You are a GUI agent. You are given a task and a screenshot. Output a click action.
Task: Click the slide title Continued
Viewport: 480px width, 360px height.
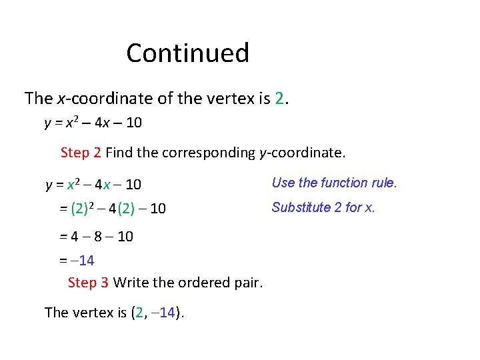coord(187,53)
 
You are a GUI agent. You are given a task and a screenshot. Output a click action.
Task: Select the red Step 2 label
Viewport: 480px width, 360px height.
coord(81,153)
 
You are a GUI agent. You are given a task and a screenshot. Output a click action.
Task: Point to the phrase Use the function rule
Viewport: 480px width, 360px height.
coord(334,183)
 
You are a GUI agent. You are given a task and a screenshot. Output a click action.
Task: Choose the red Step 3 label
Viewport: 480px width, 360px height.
coord(89,283)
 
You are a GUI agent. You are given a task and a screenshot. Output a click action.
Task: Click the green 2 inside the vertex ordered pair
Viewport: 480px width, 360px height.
coord(139,312)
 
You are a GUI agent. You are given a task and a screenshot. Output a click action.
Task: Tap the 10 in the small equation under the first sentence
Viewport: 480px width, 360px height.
coord(133,123)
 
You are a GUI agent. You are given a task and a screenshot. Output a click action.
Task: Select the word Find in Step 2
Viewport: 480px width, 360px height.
coord(119,153)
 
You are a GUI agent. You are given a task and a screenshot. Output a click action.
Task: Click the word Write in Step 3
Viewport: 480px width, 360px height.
coord(131,283)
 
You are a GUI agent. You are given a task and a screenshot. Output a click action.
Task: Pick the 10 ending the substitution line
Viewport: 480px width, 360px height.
coord(158,209)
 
